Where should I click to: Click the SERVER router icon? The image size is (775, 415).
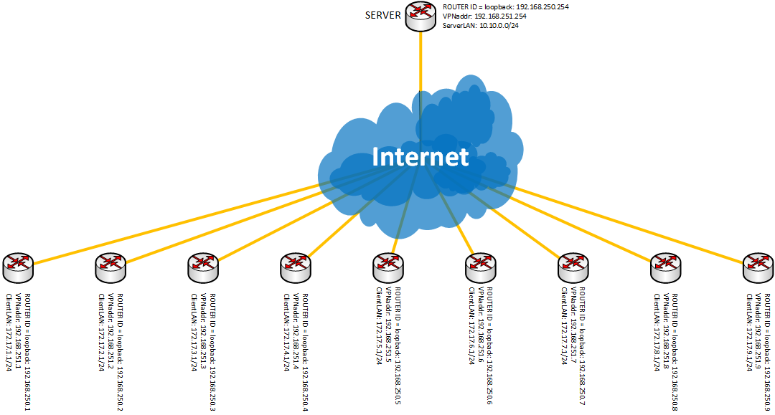(421, 16)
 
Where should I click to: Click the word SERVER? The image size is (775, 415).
(383, 15)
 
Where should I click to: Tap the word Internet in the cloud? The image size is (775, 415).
(420, 156)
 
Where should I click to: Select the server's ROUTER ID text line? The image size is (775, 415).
(506, 7)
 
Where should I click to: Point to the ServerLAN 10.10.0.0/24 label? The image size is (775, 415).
(480, 26)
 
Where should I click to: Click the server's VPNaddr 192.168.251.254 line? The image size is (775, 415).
(477, 16)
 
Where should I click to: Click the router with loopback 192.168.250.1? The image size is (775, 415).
(18, 268)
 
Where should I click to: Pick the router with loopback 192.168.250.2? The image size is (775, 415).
(111, 268)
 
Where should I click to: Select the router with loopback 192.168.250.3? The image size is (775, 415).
(203, 268)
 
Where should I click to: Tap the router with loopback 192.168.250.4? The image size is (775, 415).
(296, 268)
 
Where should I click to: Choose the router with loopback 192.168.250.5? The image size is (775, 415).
(388, 268)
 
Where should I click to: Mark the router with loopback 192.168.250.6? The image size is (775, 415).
(480, 268)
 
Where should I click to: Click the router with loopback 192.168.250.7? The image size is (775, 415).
(573, 268)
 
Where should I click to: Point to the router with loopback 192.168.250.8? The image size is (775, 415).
(666, 268)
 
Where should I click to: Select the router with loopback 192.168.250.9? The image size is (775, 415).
(758, 268)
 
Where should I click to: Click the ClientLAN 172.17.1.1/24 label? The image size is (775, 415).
(9, 332)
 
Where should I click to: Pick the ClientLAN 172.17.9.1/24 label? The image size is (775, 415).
(749, 332)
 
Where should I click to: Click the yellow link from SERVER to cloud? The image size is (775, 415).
(421, 62)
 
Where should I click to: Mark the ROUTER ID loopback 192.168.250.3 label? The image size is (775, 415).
(212, 352)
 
